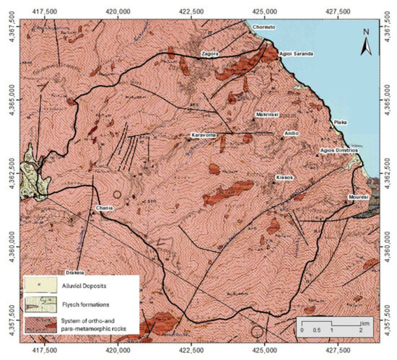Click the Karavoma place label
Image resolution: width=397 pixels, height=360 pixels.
tap(204, 135)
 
